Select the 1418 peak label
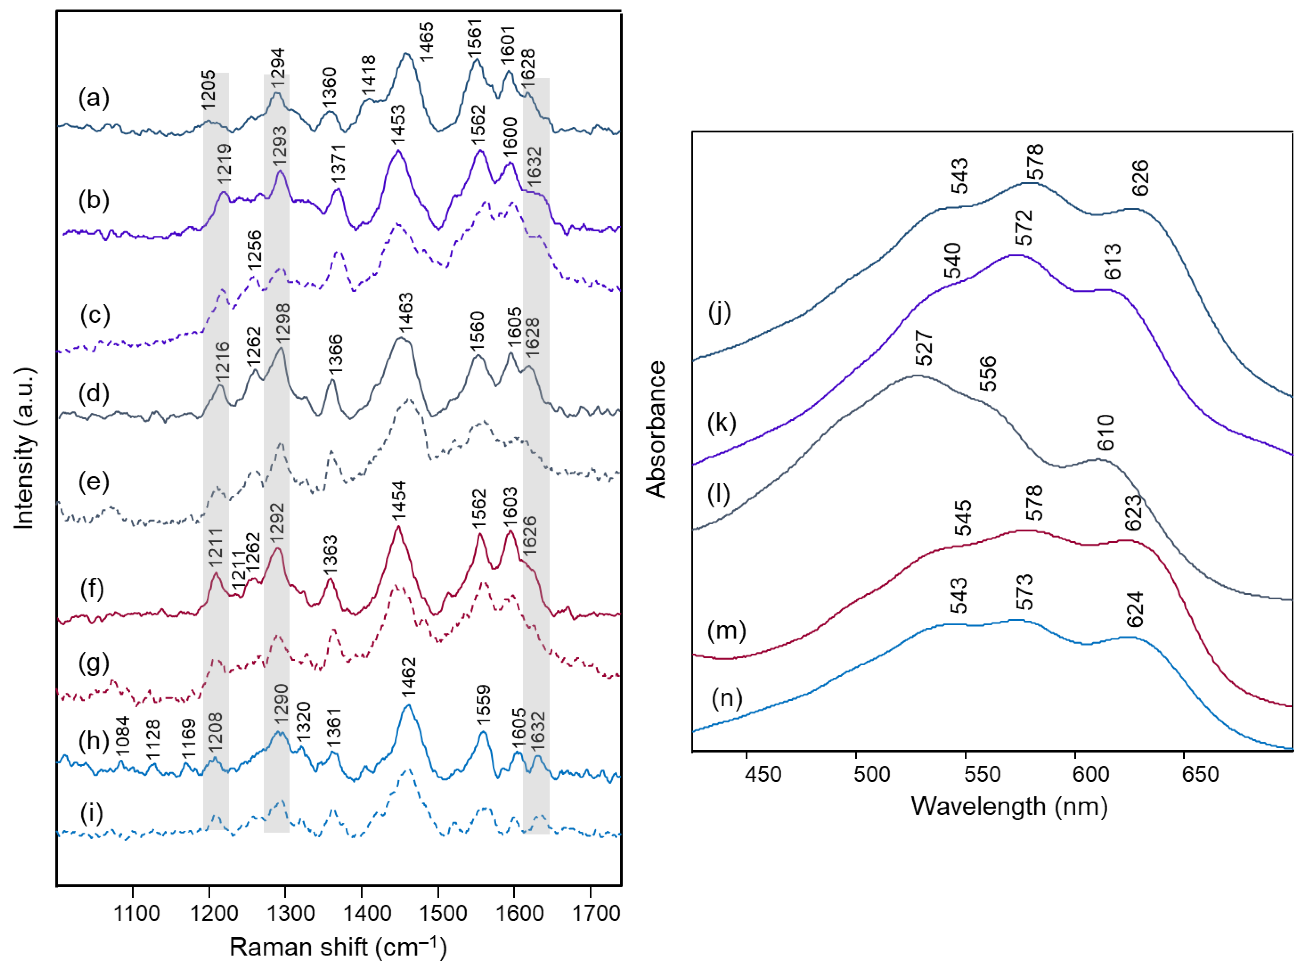pyautogui.click(x=368, y=74)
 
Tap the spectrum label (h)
pyautogui.click(x=94, y=742)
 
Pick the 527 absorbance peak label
pyautogui.click(x=923, y=348)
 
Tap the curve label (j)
pyautogui.click(x=719, y=312)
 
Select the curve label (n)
pyautogui.click(x=727, y=698)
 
